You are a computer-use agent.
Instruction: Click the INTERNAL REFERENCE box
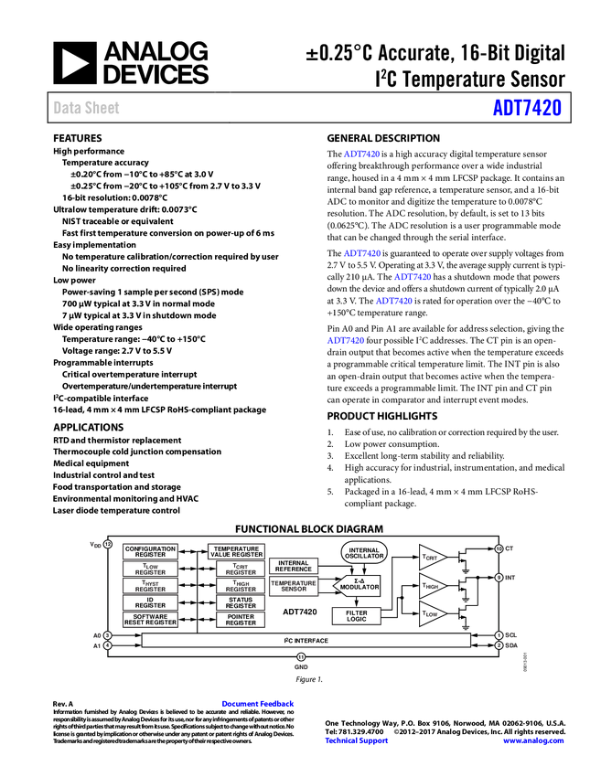coord(293,566)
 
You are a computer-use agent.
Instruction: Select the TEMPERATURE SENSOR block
coord(293,586)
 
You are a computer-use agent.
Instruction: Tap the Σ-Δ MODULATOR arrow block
coord(358,586)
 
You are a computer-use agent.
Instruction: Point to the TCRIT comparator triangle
coord(430,556)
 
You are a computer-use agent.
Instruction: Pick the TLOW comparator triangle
coord(430,614)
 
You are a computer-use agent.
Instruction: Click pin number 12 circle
coord(107,545)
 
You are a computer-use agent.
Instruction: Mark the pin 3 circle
coord(107,634)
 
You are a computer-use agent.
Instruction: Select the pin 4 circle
coord(107,645)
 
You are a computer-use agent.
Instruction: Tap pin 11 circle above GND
coord(301,656)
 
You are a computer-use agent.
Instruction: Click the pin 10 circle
coord(499,548)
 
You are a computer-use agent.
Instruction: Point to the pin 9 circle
coord(499,578)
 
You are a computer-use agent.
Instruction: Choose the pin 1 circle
coord(499,634)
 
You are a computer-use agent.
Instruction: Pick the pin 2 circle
coord(499,645)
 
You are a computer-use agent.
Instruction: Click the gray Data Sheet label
coord(87,108)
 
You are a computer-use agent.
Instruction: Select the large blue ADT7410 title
coord(527,108)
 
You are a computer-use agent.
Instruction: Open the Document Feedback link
coord(259,704)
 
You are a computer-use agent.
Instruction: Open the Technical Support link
coord(357,740)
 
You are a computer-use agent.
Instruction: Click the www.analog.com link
coord(533,740)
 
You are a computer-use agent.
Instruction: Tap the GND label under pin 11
coord(301,668)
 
